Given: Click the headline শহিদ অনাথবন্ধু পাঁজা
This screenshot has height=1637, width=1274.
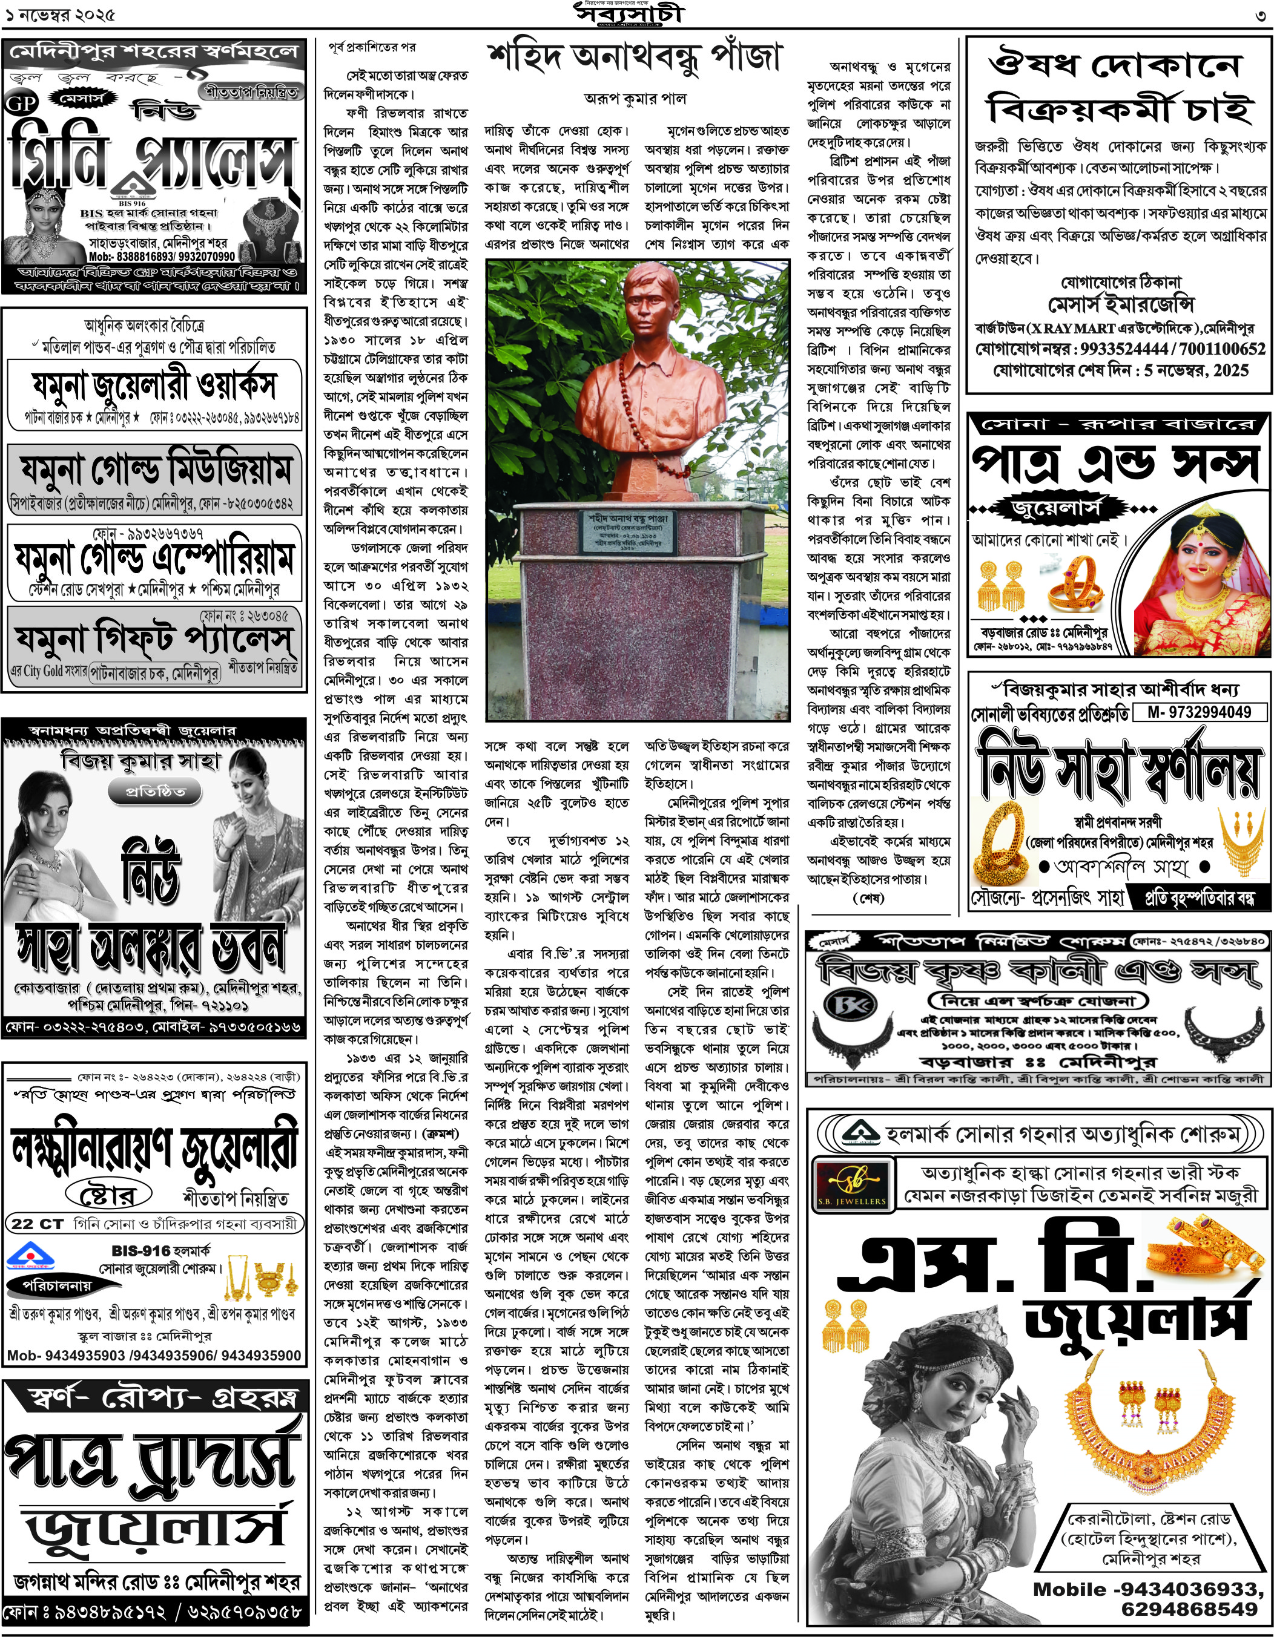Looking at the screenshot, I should pos(635,57).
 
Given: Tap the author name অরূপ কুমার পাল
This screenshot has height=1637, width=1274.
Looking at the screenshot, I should pos(635,98).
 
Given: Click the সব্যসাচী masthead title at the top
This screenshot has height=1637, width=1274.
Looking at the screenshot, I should pos(630,15).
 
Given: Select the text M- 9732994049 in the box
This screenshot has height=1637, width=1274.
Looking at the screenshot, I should pos(1199,712).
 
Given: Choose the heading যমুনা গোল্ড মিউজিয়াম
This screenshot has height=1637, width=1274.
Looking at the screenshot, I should pos(154,471).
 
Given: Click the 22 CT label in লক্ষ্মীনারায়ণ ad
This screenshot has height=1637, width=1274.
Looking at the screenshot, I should pos(38,1224).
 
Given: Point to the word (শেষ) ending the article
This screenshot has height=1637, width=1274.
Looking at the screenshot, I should pos(868,898).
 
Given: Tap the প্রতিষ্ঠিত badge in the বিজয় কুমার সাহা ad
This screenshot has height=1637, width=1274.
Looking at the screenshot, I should pos(154,792).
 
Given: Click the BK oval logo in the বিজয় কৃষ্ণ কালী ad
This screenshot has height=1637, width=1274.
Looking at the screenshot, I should pos(844,1005).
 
